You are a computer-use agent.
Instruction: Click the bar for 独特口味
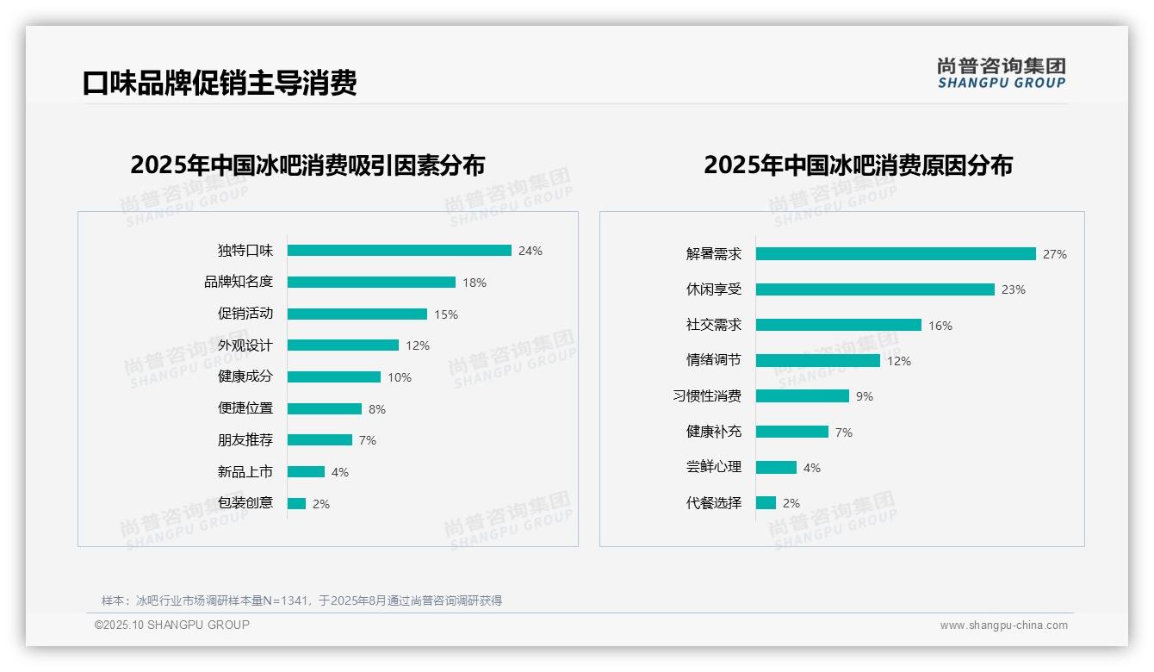(x=399, y=251)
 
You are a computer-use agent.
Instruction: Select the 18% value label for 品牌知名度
(x=475, y=283)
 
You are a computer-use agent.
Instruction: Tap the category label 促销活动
(x=245, y=314)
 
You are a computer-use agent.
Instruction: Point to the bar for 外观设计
(x=343, y=345)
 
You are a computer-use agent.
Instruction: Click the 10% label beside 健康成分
(x=400, y=377)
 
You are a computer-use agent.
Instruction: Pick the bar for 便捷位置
(x=325, y=408)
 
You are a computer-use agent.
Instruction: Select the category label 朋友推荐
(x=245, y=440)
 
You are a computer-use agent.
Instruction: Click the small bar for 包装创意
(x=296, y=504)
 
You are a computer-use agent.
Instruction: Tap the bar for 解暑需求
(x=896, y=254)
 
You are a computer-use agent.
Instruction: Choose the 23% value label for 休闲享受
(x=1014, y=290)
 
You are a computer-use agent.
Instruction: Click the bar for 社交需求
(x=839, y=326)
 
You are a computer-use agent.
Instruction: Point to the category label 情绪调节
(x=713, y=361)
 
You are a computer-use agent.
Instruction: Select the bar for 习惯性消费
(x=803, y=396)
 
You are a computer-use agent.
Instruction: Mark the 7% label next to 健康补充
(x=844, y=432)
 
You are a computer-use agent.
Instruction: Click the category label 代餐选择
(x=713, y=503)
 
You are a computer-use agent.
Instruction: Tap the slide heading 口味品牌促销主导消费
(x=220, y=83)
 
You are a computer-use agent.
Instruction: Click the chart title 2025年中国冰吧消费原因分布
(x=858, y=165)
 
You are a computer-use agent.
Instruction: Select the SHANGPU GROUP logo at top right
(x=1002, y=73)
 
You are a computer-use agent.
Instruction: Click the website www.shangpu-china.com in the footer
(x=1003, y=625)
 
